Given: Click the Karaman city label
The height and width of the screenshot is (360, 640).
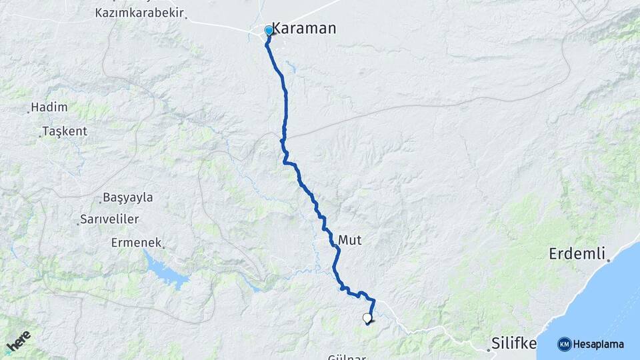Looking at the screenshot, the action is point(307,29).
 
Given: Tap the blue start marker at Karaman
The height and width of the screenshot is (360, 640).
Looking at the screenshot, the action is point(269,31).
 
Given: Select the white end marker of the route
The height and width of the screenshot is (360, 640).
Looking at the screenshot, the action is point(367,318).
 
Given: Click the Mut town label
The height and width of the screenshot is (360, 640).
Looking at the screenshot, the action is point(350,239).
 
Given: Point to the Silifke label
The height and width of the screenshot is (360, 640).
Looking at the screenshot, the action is point(514,343).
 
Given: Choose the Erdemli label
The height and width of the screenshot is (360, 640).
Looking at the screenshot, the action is point(577,253).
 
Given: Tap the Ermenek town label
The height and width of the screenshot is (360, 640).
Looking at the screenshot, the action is point(137,243).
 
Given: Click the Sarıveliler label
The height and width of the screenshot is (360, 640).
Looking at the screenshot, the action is point(109,219).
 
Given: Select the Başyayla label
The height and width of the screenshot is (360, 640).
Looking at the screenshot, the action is point(128,197).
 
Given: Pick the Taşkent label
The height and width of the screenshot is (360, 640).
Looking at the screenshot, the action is point(65,131).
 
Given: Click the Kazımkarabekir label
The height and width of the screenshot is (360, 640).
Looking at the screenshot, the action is point(139,13).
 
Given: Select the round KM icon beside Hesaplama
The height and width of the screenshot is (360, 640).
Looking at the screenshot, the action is point(564,344).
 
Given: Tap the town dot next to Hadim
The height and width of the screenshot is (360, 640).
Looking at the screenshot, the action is point(28,111).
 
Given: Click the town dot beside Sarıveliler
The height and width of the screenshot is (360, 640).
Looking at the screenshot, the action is point(77,223).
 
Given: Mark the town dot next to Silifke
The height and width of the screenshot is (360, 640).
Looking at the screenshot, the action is point(487,347).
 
